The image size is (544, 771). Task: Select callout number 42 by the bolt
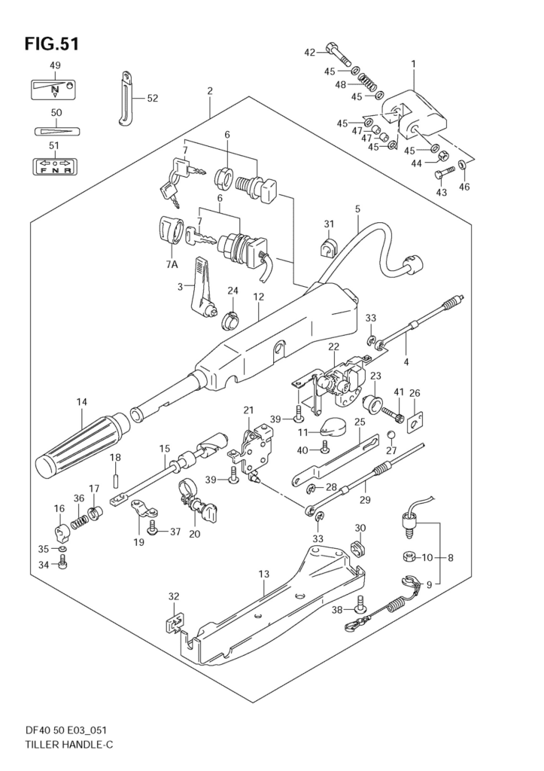[x=309, y=52]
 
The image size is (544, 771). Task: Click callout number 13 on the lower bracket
[x=264, y=575]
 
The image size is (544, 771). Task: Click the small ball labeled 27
[x=391, y=436]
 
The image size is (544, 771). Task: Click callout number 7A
[x=172, y=265]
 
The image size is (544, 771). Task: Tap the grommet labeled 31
[x=328, y=246]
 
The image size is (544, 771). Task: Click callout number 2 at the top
[x=210, y=92]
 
